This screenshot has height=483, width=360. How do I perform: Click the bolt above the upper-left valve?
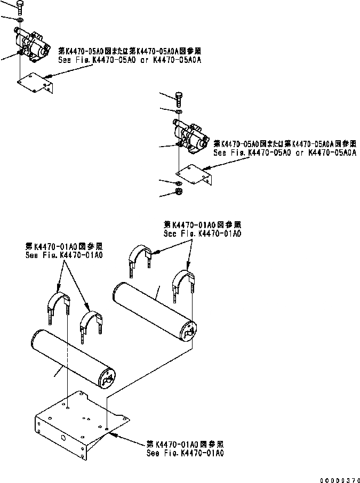[x=19, y=7]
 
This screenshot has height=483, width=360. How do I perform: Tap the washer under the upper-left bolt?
[x=19, y=20]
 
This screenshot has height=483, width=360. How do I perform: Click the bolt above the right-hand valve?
[x=179, y=99]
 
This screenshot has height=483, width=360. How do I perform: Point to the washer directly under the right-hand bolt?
[x=179, y=112]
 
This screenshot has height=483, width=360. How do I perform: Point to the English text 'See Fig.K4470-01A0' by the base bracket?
[x=185, y=453]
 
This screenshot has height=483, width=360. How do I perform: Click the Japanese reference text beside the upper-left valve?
[x=129, y=51]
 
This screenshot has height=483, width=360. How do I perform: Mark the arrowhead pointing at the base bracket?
[x=114, y=434]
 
